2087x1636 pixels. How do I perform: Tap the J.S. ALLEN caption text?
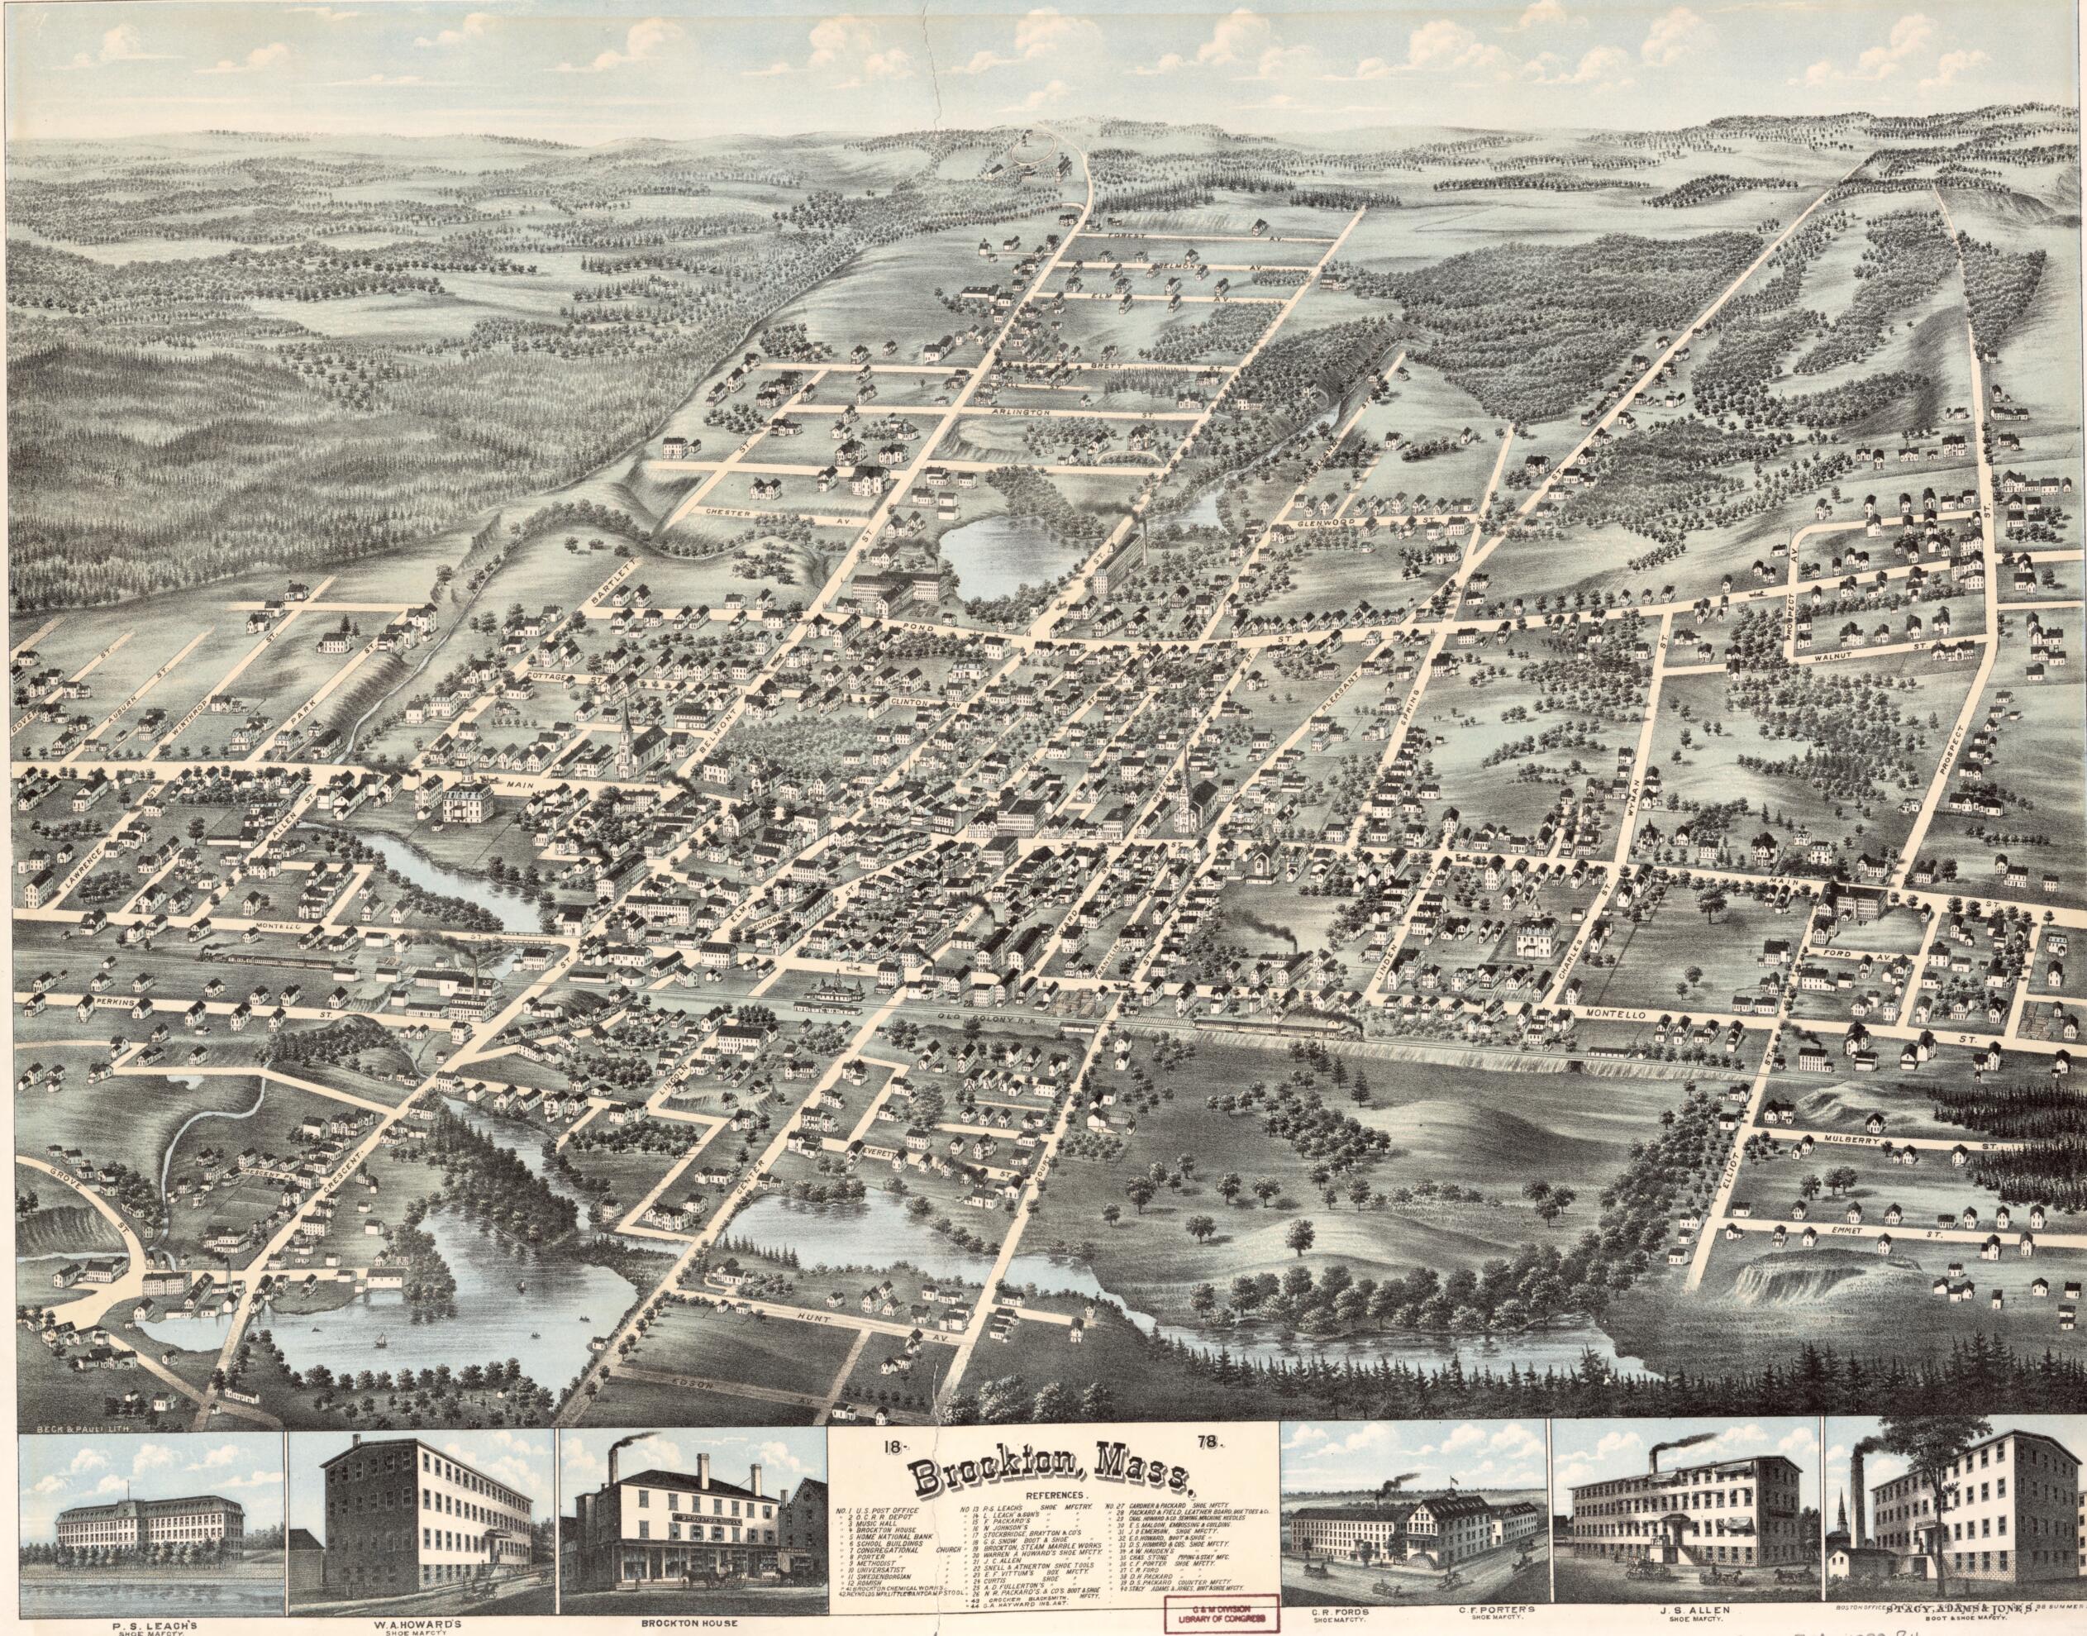click(1688, 1619)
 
